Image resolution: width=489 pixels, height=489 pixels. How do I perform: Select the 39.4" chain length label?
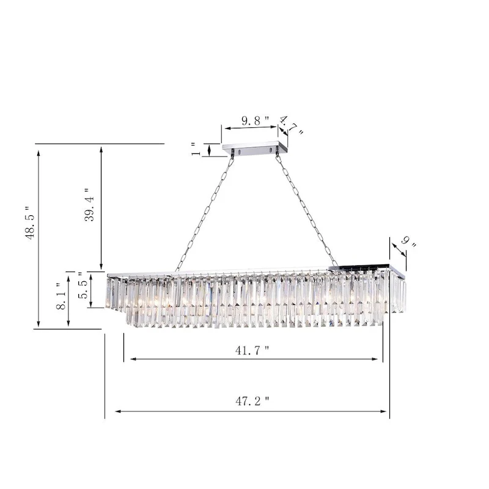coord(89,205)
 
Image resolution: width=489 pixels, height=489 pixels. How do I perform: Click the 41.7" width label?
coord(252,350)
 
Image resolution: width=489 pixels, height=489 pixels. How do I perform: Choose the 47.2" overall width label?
coord(252,402)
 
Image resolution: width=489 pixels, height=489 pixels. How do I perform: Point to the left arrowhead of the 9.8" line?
coord(226,128)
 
